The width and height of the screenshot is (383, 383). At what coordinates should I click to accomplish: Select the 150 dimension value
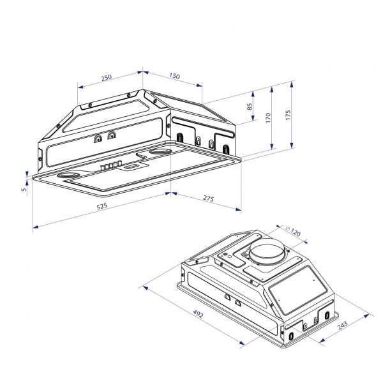coord(174,76)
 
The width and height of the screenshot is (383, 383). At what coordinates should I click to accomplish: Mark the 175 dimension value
coord(288,116)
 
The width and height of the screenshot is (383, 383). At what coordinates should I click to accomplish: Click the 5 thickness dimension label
coord(24,188)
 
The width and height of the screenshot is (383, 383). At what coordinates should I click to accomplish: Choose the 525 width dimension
coord(101,206)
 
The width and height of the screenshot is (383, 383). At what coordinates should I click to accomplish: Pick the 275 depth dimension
coord(208,199)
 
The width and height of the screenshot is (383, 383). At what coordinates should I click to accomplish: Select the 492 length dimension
coord(190,313)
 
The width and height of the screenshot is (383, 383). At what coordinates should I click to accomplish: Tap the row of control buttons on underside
coord(110,166)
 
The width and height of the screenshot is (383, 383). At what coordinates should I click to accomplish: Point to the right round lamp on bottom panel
coord(160,152)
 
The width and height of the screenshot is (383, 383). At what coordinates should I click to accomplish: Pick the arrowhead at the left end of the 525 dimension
coord(34,225)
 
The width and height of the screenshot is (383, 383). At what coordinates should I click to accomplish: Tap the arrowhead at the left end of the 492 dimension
coord(146,288)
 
